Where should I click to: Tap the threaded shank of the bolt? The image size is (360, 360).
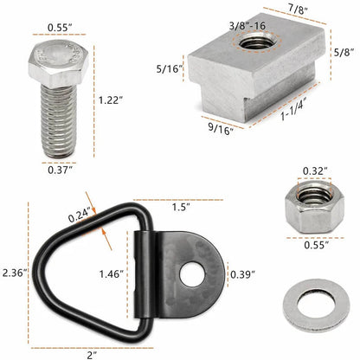pyautogui.click(x=59, y=121)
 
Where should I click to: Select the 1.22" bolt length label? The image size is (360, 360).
pyautogui.click(x=111, y=100)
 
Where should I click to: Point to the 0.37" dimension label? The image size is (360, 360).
pyautogui.click(x=60, y=170)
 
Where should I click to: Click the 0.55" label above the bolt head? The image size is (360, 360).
pyautogui.click(x=60, y=28)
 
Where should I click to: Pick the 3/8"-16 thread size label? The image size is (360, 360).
pyautogui.click(x=247, y=26)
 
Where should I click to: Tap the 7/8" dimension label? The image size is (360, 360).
pyautogui.click(x=298, y=9)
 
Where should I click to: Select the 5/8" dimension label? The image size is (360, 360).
pyautogui.click(x=344, y=53)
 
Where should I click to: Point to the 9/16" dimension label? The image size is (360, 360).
pyautogui.click(x=221, y=129)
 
